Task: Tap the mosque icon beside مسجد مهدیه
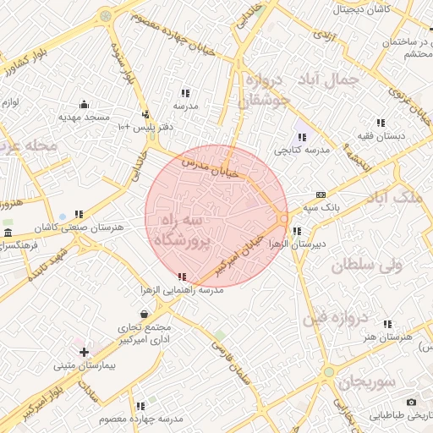[84, 105]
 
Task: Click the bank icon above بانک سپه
[320, 194]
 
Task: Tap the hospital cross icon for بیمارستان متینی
[84, 352]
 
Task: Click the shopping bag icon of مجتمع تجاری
[145, 314]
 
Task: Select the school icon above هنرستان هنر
[387, 324]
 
